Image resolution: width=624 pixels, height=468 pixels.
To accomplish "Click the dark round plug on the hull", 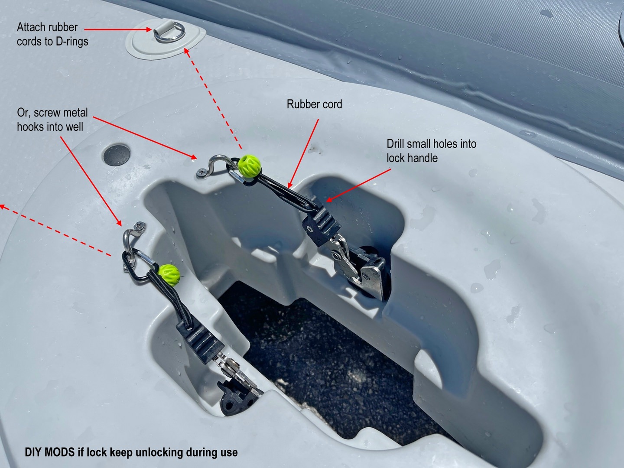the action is (x=117, y=155).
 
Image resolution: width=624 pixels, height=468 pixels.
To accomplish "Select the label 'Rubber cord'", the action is (x=314, y=104).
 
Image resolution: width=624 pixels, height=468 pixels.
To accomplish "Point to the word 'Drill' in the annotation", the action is (x=396, y=144).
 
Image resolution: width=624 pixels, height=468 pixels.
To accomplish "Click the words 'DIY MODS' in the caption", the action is (x=50, y=452).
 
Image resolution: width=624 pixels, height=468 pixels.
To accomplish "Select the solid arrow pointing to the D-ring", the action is (x=118, y=29).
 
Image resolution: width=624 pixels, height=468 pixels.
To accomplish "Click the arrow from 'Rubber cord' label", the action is (x=303, y=153).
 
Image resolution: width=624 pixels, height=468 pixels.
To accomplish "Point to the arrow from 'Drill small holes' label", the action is (x=358, y=185).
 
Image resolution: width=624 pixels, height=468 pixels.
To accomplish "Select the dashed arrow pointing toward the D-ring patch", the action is (x=213, y=98).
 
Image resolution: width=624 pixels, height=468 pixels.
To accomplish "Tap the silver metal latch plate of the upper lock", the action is (x=372, y=274).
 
